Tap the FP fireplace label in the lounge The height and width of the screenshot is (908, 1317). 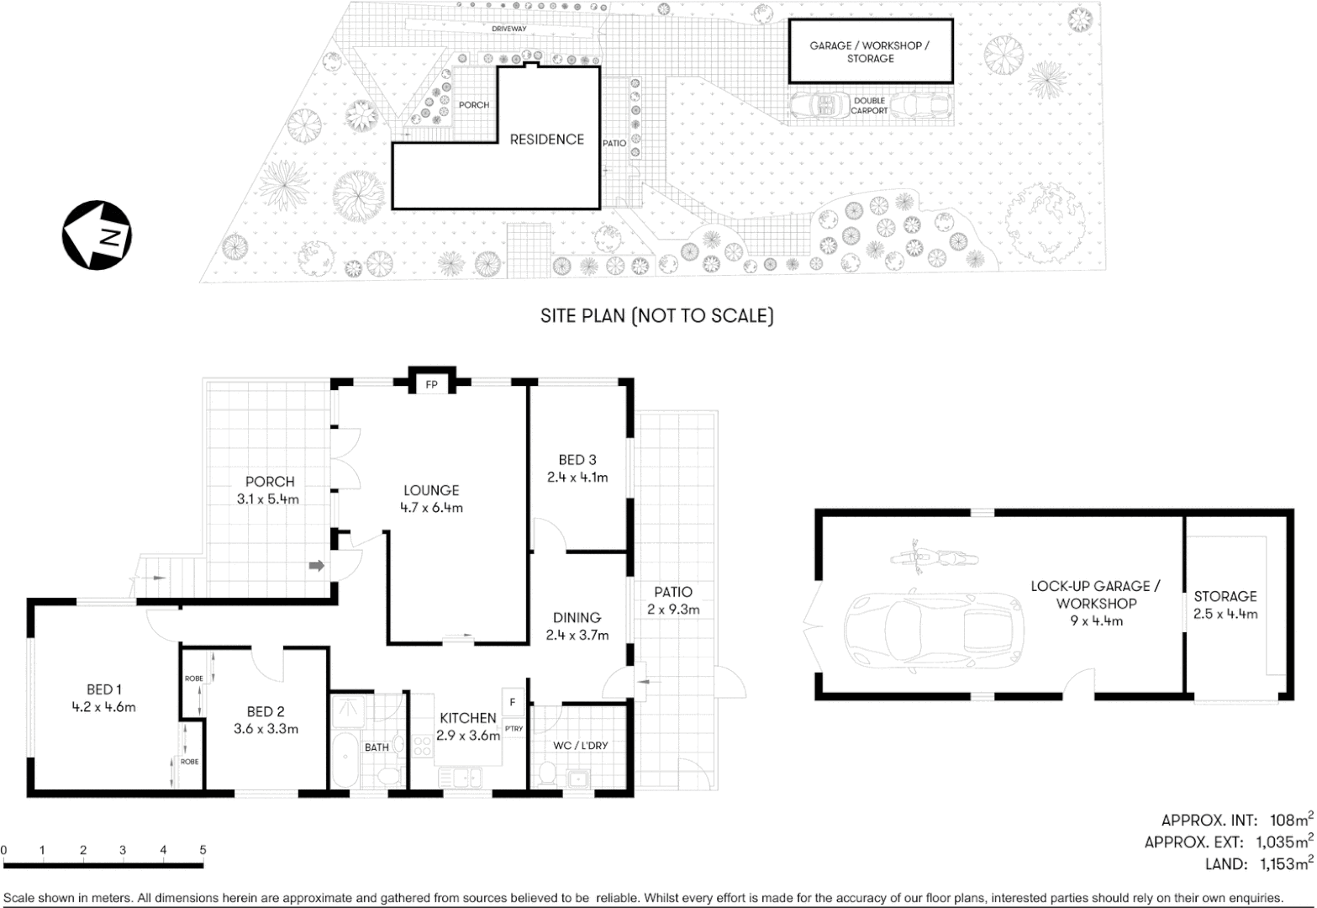[432, 385]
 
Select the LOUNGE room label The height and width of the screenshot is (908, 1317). [431, 490]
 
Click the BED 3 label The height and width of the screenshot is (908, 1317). [577, 460]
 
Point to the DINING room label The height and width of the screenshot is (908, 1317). [577, 618]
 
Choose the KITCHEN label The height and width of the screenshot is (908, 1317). [468, 718]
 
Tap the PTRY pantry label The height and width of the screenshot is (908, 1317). [514, 729]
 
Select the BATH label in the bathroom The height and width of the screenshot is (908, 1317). [377, 747]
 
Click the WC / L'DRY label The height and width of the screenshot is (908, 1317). [580, 746]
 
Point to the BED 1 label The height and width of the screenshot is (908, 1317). [104, 690]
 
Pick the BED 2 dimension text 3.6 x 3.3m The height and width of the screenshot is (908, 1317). [266, 729]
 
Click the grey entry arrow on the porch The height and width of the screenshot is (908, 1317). [317, 566]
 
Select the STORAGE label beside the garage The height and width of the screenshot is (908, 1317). [1225, 596]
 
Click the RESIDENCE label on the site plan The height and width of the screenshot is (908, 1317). [546, 140]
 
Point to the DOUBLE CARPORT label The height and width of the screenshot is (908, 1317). [869, 105]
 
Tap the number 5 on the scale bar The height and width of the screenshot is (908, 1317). [203, 850]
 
